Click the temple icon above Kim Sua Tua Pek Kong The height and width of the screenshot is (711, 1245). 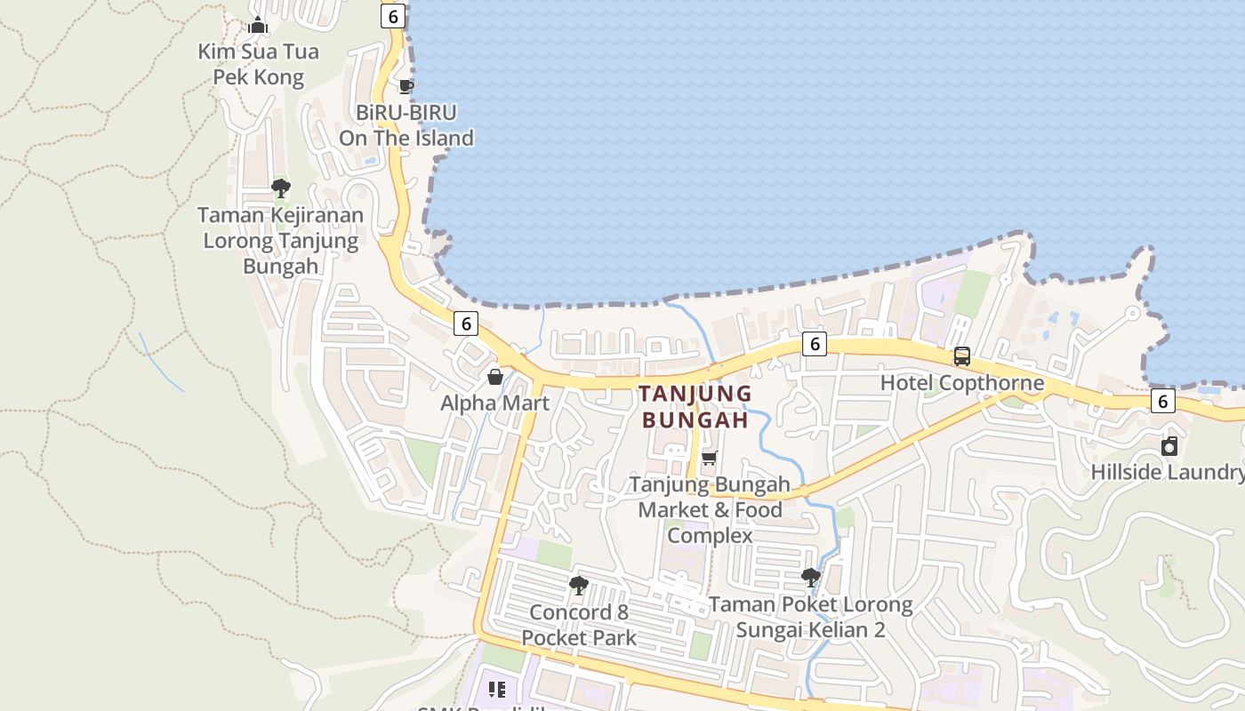coord(258,25)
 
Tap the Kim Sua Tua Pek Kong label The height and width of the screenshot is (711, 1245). coord(258,64)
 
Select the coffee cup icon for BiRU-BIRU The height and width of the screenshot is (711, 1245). coord(406,86)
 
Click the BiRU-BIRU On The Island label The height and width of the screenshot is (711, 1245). coord(406,125)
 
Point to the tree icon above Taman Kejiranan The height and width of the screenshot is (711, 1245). coord(281,188)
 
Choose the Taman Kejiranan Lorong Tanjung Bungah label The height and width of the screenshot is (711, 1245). coord(280,240)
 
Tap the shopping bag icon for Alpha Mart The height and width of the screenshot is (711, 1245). coord(495,377)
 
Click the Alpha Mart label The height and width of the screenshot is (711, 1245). coord(495,403)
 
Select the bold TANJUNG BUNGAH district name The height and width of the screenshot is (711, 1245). coord(695,406)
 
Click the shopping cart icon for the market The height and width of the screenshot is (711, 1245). coord(709,459)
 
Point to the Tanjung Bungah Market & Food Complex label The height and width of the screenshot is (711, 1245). coord(710,510)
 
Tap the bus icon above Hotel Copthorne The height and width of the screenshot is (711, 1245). coord(962,356)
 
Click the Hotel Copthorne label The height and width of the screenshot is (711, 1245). coord(962,383)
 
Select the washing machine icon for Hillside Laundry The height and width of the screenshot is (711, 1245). coord(1169,445)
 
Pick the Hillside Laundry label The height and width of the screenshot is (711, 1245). coord(1168,471)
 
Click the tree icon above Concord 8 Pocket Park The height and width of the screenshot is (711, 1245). coord(579,586)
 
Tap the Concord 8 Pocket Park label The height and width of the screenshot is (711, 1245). coord(579,625)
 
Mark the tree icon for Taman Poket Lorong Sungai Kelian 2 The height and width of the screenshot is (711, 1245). coord(810,578)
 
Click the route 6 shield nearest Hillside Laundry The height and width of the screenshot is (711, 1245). coord(1162,401)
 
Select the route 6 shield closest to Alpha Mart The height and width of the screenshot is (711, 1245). coord(465,324)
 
